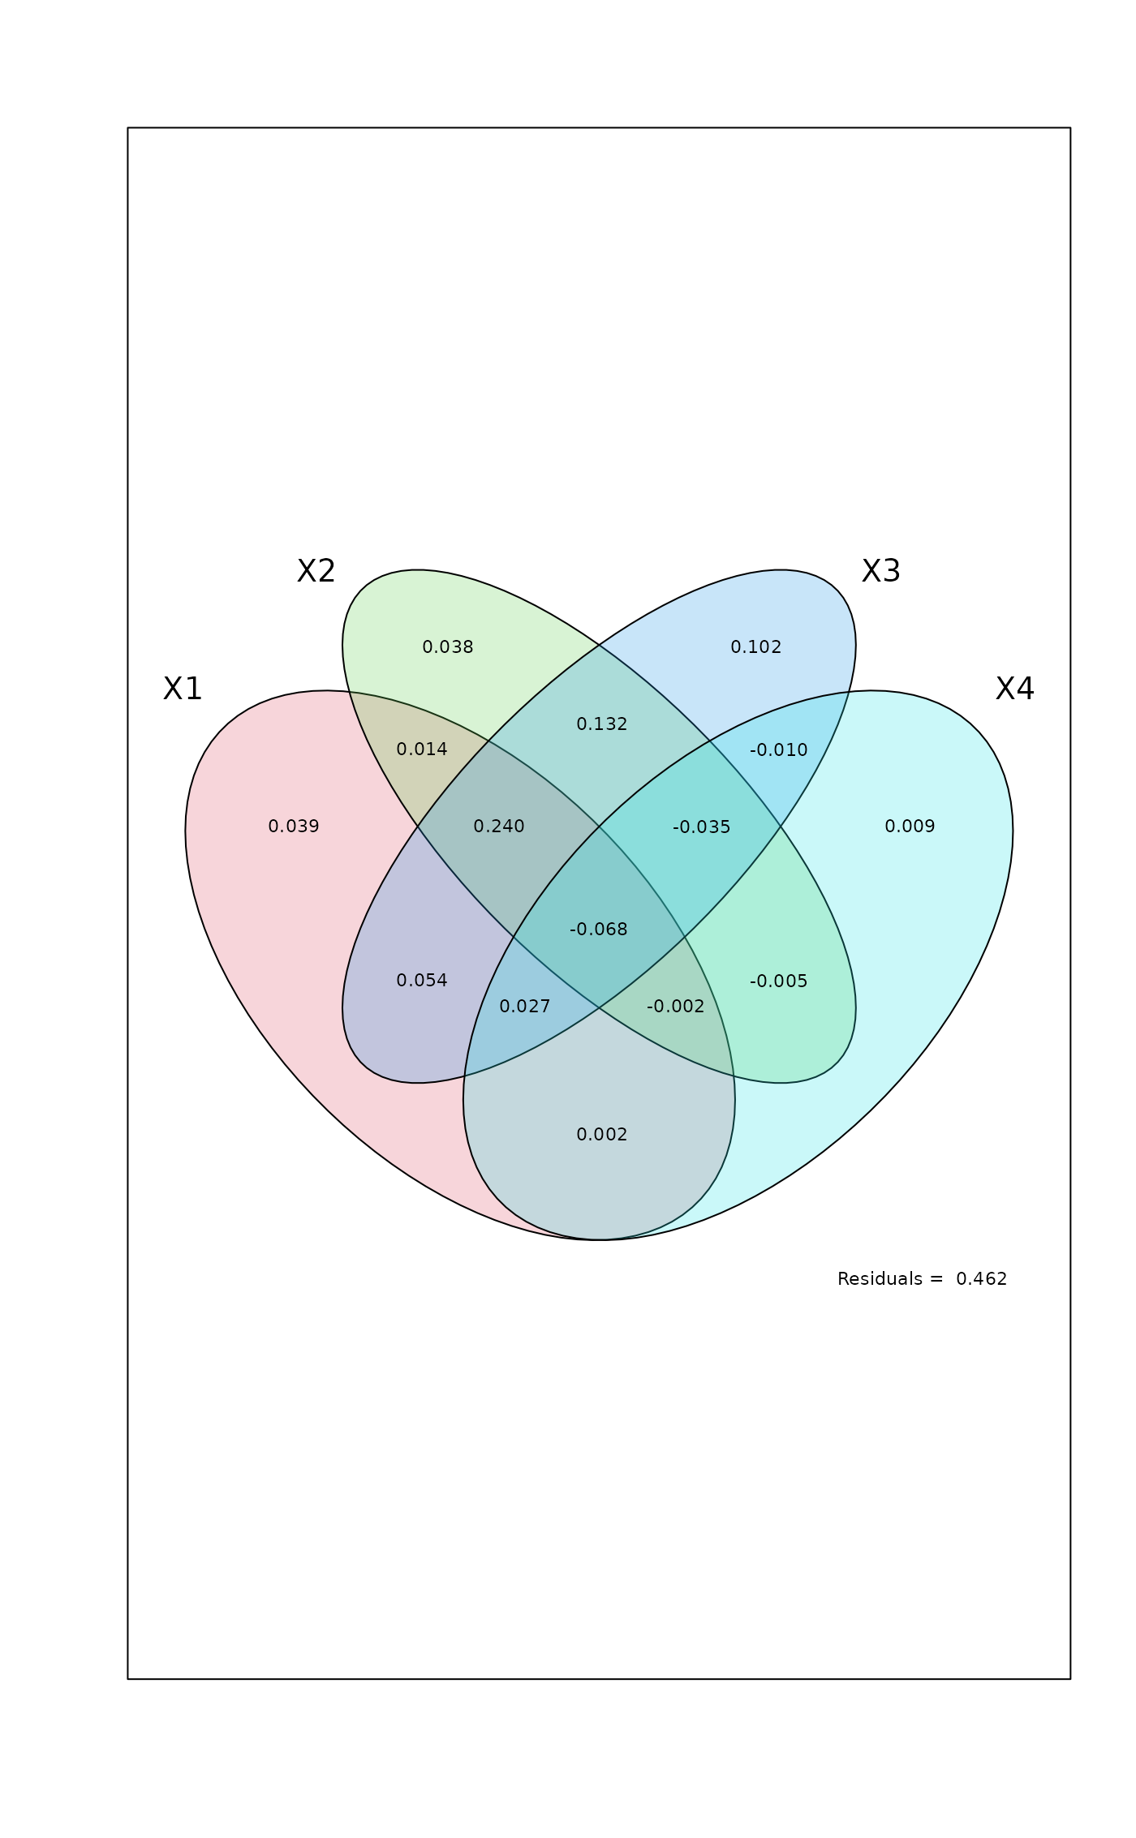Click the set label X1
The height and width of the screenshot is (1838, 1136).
183,689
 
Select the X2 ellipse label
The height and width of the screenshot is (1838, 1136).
316,571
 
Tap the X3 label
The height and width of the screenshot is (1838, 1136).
880,571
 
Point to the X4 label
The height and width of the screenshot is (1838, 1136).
1014,689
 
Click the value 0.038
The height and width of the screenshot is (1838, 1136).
448,647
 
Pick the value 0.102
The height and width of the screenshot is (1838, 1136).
756,647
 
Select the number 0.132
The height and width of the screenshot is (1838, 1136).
602,724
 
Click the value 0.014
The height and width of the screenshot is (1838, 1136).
422,749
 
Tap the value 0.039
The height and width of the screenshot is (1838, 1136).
294,827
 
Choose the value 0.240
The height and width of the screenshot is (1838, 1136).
499,827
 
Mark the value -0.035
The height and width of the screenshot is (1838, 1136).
702,827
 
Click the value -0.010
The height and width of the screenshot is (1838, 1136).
779,750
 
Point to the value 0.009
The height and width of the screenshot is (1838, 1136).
910,827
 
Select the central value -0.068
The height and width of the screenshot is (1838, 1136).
599,930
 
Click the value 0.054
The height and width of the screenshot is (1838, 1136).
422,981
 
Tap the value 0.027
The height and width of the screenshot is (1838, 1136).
525,1007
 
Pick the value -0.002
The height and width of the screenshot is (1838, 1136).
676,1007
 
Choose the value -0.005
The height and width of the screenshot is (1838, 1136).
779,981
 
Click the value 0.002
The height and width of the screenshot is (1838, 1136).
602,1135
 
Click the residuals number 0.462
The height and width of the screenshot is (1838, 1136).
981,1279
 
